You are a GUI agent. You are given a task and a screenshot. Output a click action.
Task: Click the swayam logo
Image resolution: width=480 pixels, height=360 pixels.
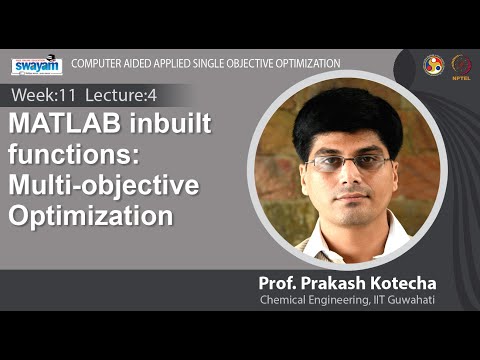37,66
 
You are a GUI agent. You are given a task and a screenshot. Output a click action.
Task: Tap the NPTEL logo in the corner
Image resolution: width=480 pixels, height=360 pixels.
461,65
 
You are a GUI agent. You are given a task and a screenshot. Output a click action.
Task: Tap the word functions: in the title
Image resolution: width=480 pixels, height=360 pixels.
63,157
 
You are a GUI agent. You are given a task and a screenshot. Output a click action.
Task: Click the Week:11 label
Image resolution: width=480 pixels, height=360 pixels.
39,96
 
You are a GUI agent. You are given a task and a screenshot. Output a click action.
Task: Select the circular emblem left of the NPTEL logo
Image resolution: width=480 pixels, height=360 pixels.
433,65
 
